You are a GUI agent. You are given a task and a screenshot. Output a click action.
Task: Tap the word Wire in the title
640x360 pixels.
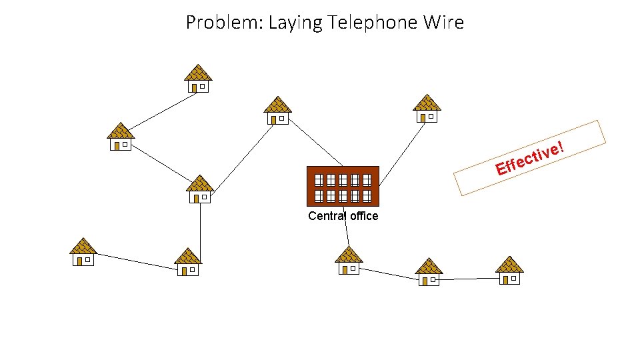click(x=443, y=23)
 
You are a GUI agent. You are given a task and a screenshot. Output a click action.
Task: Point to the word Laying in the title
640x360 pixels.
click(x=292, y=23)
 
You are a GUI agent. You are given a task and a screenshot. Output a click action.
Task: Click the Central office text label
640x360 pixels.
click(x=343, y=216)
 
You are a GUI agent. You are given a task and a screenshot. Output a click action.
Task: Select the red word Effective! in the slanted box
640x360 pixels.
click(x=531, y=158)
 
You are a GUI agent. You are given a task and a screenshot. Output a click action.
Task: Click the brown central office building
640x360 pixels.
click(x=343, y=185)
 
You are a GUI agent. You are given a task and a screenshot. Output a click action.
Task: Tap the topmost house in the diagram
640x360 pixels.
click(x=197, y=79)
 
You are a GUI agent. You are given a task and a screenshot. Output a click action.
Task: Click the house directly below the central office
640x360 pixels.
click(x=348, y=260)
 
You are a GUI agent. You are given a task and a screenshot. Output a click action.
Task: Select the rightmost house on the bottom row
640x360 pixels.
click(x=509, y=270)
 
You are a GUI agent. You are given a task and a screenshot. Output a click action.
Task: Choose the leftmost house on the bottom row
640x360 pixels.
click(x=83, y=252)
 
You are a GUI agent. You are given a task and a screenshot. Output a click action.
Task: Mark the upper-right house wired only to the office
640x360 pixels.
click(x=427, y=109)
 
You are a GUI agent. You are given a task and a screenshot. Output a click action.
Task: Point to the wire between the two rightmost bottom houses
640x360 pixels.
click(x=470, y=279)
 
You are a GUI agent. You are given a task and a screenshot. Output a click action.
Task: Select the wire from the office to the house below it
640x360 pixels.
click(x=345, y=227)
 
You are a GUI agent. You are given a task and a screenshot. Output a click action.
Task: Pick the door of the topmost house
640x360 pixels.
click(x=193, y=87)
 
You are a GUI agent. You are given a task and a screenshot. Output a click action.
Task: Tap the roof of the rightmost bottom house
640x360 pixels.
click(x=509, y=263)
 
